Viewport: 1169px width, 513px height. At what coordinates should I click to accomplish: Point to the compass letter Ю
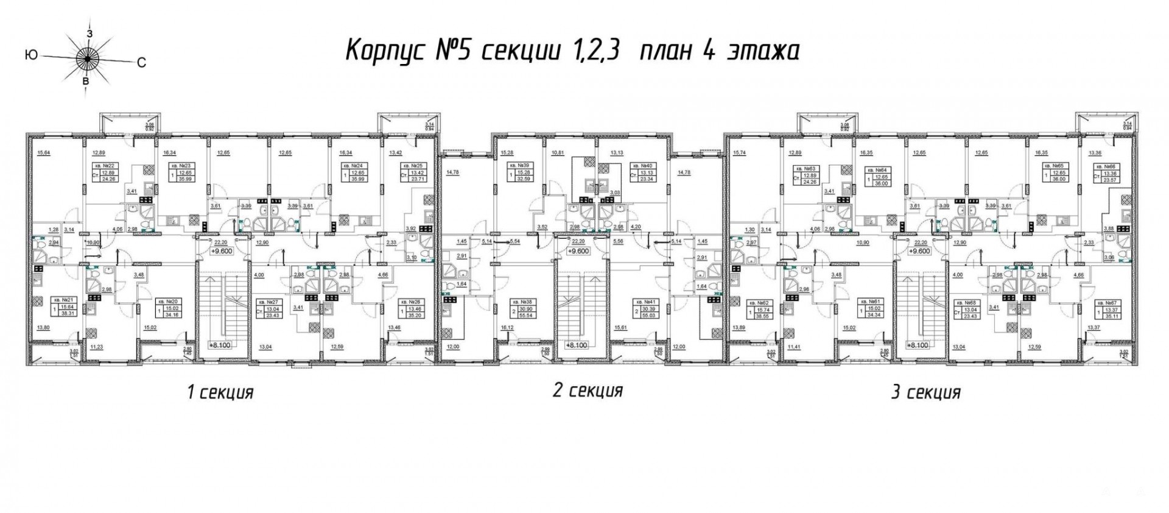[x=30, y=55]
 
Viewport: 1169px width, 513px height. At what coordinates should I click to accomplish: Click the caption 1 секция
[x=220, y=392]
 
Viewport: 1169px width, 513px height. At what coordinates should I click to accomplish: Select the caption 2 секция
[x=588, y=390]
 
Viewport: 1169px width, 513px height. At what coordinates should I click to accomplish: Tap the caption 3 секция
[x=925, y=392]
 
